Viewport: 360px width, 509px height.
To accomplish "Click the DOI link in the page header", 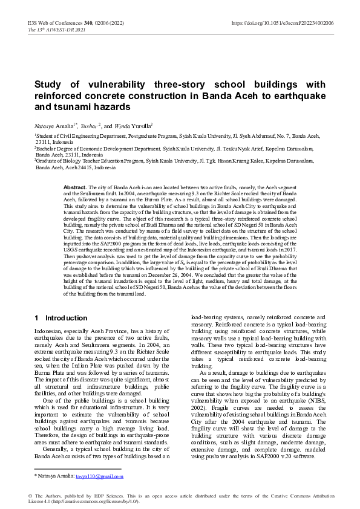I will (x=283, y=22).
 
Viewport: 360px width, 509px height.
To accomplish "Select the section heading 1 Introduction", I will (x=61, y=318).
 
